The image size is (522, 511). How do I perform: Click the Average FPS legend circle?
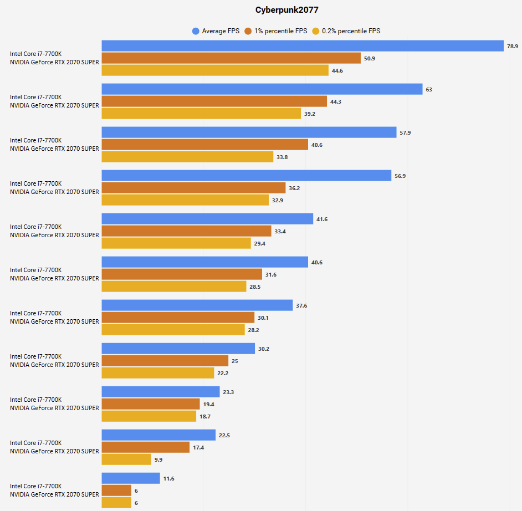click(196, 31)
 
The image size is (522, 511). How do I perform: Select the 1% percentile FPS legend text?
click(280, 31)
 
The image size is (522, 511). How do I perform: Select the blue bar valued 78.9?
click(303, 46)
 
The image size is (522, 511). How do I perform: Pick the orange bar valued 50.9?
click(231, 58)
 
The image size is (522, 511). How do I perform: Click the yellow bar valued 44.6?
click(215, 70)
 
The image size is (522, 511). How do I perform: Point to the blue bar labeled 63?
click(262, 89)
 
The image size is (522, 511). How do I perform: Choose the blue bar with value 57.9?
click(249, 132)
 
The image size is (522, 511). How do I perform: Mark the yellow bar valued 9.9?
click(126, 459)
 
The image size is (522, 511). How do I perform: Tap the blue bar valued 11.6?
click(131, 478)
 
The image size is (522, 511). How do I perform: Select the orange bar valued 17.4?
click(146, 447)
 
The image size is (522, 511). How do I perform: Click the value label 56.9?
click(400, 176)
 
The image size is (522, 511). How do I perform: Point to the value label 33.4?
click(280, 232)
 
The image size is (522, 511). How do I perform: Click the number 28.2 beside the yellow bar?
click(253, 330)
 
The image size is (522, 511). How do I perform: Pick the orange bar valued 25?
click(165, 361)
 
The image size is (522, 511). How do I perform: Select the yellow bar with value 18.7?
click(149, 416)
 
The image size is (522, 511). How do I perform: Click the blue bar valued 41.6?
click(207, 219)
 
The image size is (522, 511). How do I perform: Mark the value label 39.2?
click(309, 114)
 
